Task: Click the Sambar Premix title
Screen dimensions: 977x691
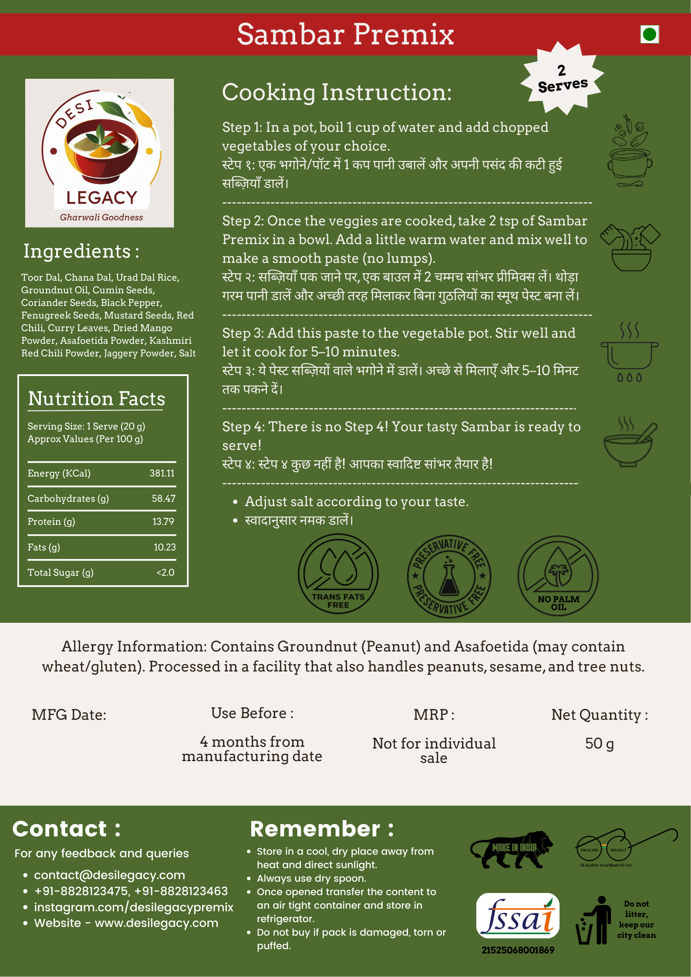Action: (x=345, y=34)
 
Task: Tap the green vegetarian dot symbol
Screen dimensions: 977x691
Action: (x=649, y=34)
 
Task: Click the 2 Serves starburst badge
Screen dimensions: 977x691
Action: (x=562, y=79)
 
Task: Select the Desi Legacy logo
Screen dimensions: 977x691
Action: (x=100, y=153)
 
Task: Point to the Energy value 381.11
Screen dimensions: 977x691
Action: (x=162, y=473)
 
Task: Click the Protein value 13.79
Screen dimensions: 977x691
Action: (x=163, y=522)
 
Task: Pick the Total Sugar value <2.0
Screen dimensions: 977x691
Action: (x=165, y=573)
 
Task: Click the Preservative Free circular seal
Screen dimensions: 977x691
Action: (x=449, y=576)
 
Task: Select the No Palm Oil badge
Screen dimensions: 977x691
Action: (x=558, y=576)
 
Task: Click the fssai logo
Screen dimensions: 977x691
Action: (x=518, y=916)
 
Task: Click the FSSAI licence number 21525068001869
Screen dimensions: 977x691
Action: (x=518, y=950)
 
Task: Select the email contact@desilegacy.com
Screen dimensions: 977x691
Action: (x=109, y=875)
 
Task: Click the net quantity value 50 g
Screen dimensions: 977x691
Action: (x=599, y=743)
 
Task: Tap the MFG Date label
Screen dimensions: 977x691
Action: (x=69, y=715)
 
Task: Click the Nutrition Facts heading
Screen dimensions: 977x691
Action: (x=97, y=399)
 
